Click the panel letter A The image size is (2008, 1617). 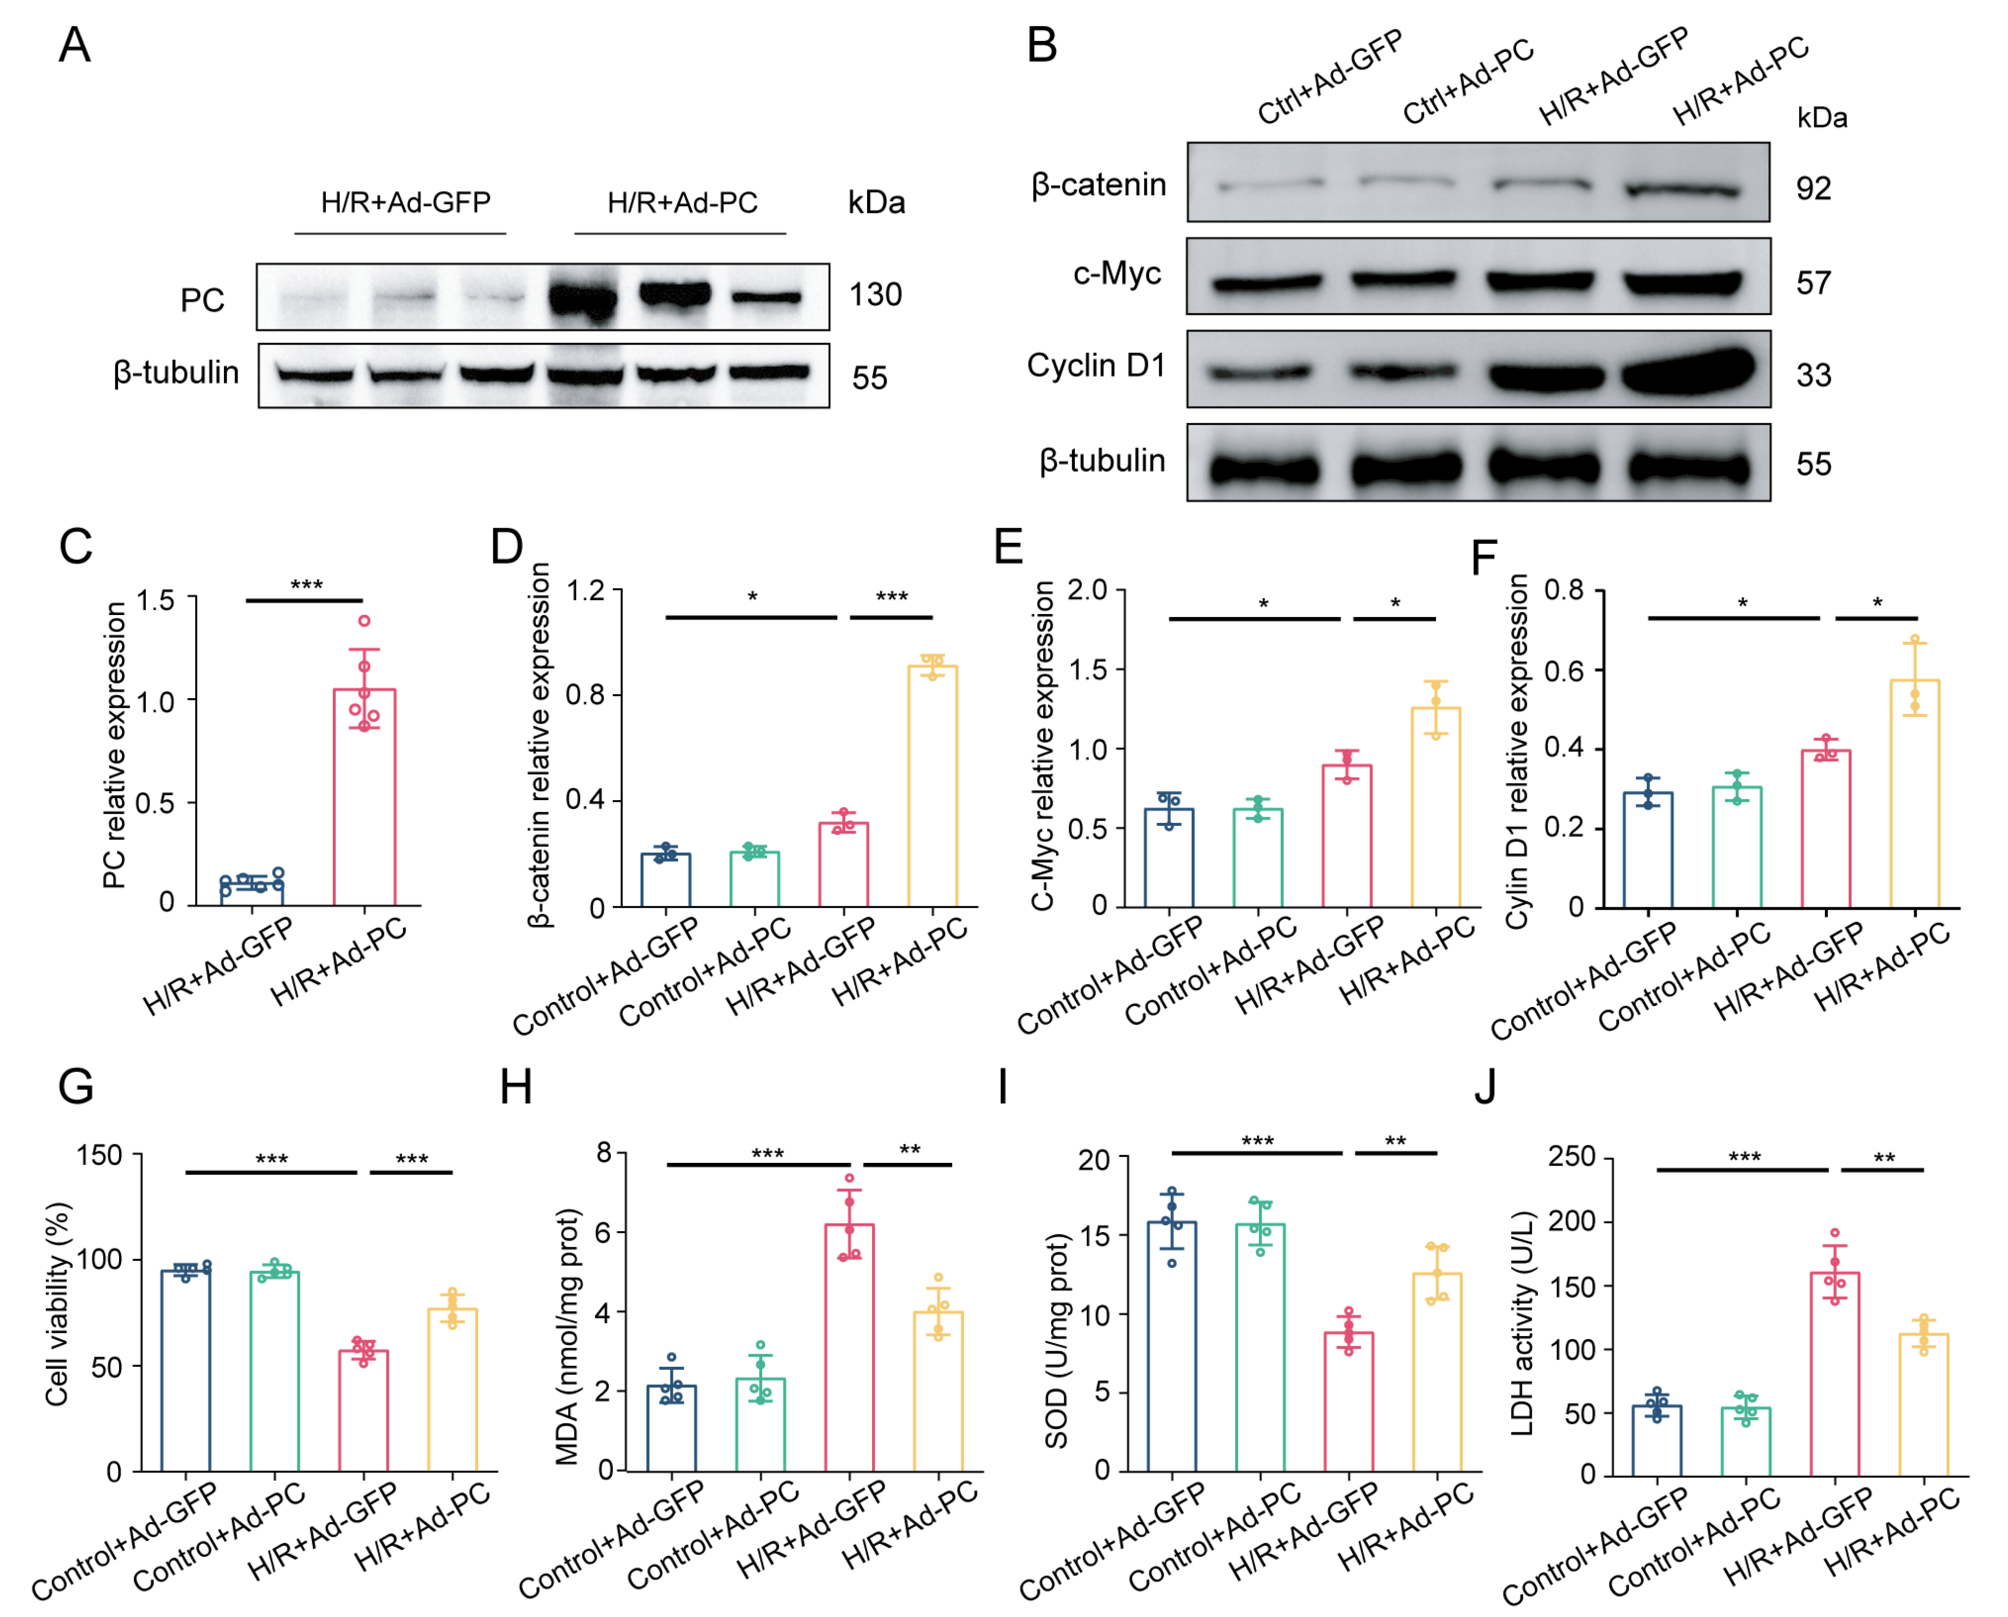[x=75, y=45]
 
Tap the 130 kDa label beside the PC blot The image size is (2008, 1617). [x=875, y=294]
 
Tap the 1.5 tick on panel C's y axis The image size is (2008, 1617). [x=155, y=600]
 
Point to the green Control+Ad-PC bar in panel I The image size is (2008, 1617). [x=1260, y=1347]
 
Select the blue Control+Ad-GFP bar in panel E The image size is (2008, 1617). [x=1169, y=857]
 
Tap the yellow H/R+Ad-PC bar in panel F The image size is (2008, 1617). [x=1914, y=794]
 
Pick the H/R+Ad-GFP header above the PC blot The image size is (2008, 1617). [x=405, y=202]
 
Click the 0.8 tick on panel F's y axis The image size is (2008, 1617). [x=1564, y=590]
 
